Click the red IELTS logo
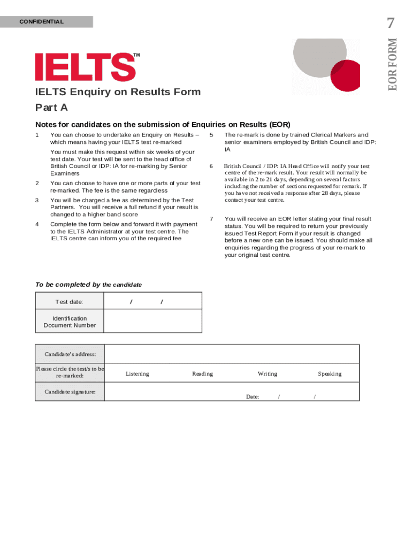pos(86,67)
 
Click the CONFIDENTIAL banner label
pos(41,22)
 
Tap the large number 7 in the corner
pos(392,23)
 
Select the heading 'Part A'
pos(51,108)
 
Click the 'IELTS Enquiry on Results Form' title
pos(118,92)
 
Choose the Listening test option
pos(138,374)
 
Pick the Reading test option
pos(202,374)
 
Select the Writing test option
pos(268,374)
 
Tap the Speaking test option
pos(330,374)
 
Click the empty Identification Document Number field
pos(152,321)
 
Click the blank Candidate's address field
pos(231,354)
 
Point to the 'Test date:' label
pos(70,302)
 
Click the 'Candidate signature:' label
pos(70,392)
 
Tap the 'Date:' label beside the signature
pos(253,397)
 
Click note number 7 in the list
pos(212,219)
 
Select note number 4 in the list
pos(37,224)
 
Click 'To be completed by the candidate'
pos(88,285)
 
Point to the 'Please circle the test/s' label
pos(70,372)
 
